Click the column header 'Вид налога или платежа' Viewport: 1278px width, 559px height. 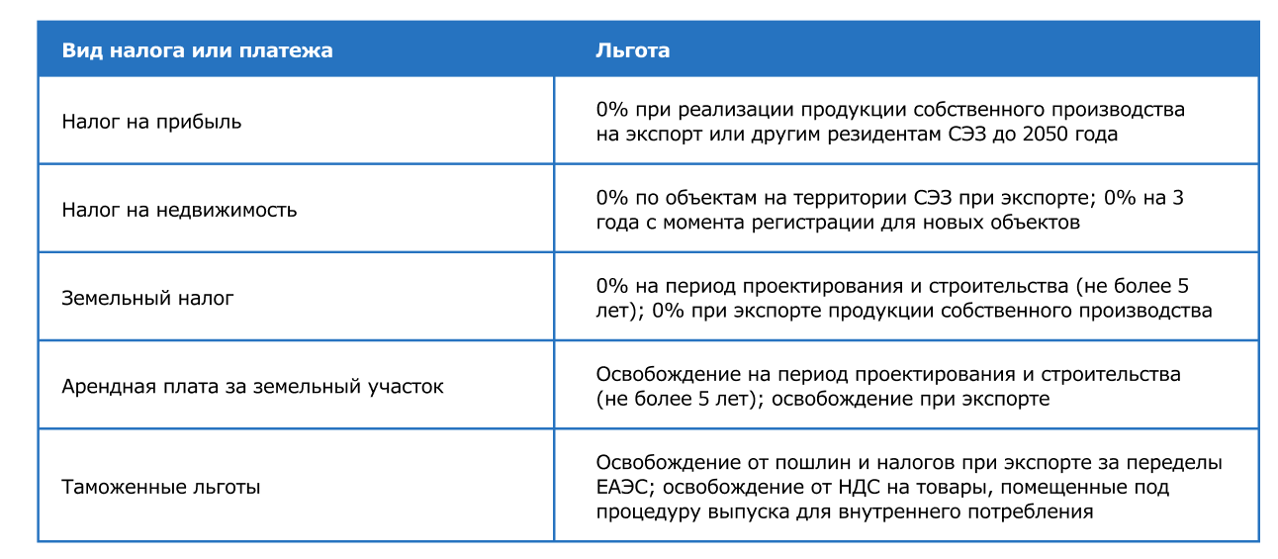click(x=197, y=50)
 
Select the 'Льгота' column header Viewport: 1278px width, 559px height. click(x=633, y=50)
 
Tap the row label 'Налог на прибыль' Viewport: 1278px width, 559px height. click(x=151, y=122)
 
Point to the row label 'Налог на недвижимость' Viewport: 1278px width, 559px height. click(x=179, y=210)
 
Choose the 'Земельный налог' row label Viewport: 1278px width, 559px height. click(x=147, y=298)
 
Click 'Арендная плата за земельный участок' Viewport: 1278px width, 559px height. click(x=252, y=386)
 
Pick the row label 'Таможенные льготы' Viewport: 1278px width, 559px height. click(x=161, y=487)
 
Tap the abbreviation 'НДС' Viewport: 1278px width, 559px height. click(x=859, y=487)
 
